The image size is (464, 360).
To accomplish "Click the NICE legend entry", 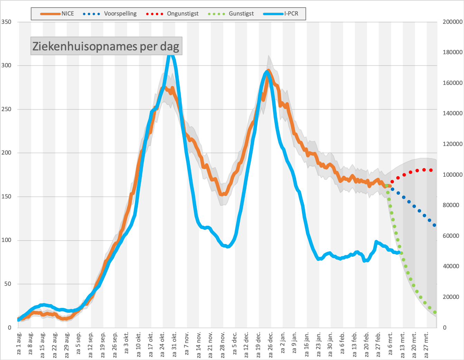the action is [x=57, y=14].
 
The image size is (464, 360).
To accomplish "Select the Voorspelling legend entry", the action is [x=110, y=14].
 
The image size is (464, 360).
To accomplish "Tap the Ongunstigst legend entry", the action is [x=172, y=14].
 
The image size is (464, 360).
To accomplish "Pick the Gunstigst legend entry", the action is [x=231, y=14].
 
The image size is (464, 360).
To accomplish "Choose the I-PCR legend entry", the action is [x=281, y=14].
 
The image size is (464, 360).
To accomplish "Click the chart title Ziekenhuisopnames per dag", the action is [x=106, y=46].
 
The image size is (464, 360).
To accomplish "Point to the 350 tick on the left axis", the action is [x=6, y=22].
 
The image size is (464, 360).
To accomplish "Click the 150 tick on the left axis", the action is [x=6, y=196].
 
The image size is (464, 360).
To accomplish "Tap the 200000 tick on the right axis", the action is [x=453, y=22].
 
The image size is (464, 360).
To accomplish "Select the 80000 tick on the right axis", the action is [x=451, y=205].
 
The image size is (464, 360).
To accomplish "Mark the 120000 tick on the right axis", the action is [x=453, y=144].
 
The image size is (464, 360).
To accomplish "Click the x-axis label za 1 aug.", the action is [x=19, y=343].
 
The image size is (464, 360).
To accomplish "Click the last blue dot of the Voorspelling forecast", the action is [x=434, y=225].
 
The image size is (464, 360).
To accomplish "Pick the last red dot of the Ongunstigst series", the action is [x=431, y=170].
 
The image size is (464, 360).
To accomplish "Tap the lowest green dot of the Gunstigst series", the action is [x=435, y=312].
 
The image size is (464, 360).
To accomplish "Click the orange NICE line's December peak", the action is [x=268, y=70].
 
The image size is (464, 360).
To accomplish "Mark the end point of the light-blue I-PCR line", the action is [x=399, y=253].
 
